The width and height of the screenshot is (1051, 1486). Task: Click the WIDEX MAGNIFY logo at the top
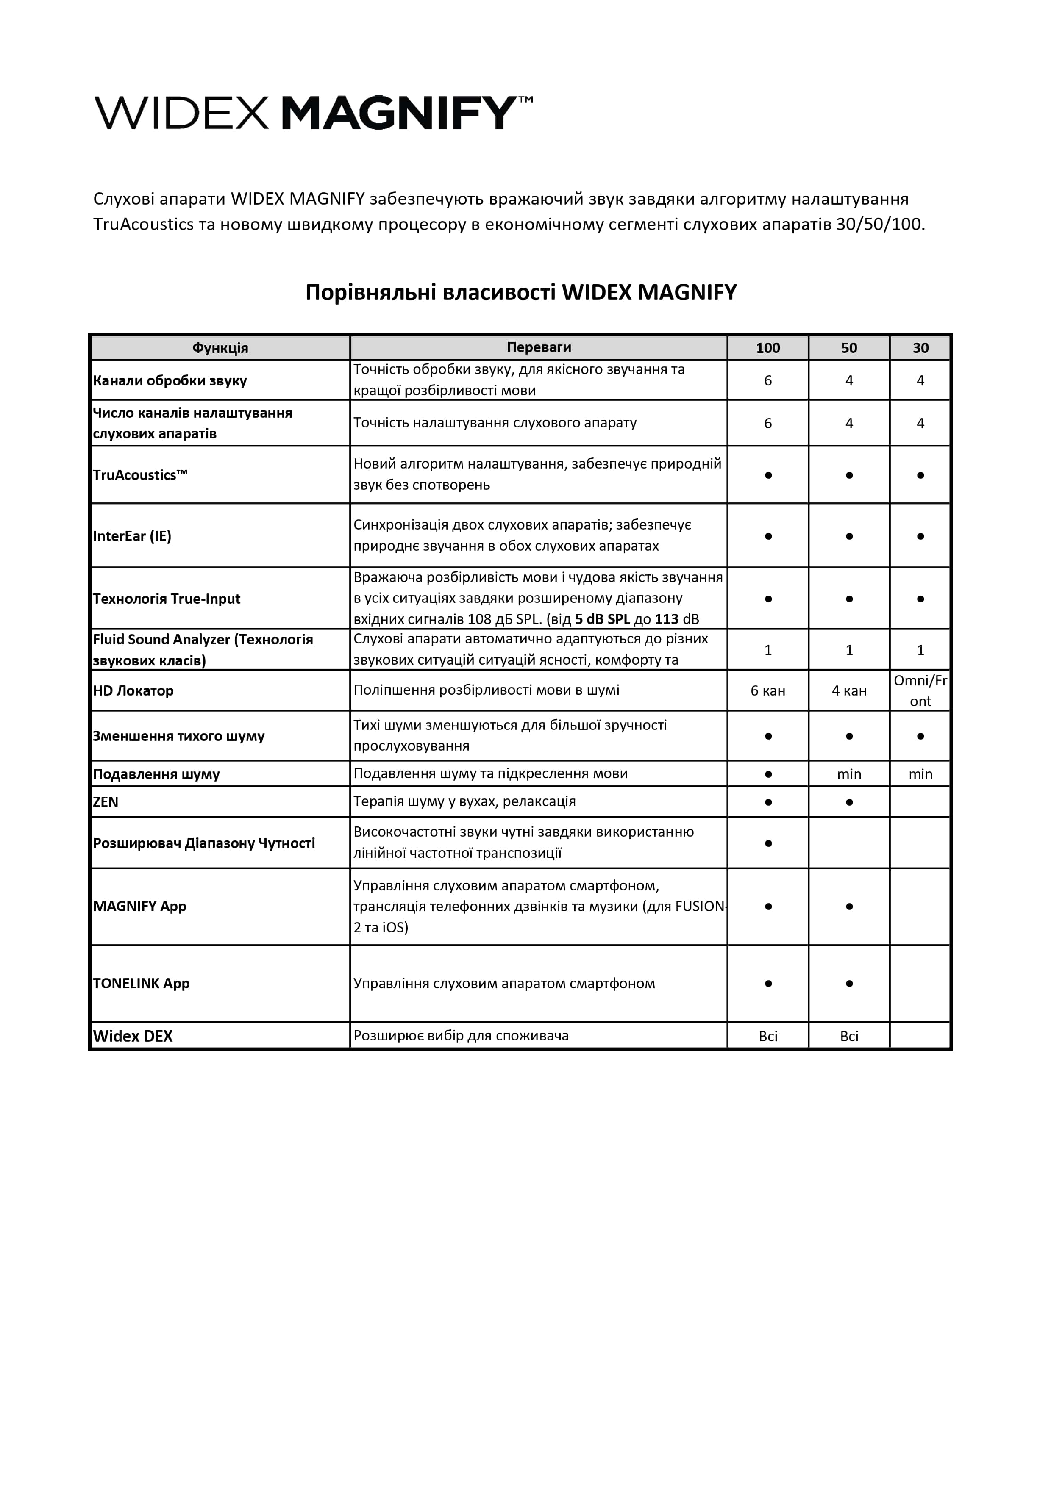tap(314, 113)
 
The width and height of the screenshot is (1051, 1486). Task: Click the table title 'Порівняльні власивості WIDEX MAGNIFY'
tap(521, 293)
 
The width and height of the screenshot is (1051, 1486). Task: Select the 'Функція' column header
tap(220, 348)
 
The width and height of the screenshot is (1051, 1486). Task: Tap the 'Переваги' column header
tap(539, 347)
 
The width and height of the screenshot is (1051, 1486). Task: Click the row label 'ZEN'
tap(106, 803)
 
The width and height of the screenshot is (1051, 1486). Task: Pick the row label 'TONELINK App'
tap(141, 984)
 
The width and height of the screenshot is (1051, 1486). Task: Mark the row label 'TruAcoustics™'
tap(140, 475)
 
